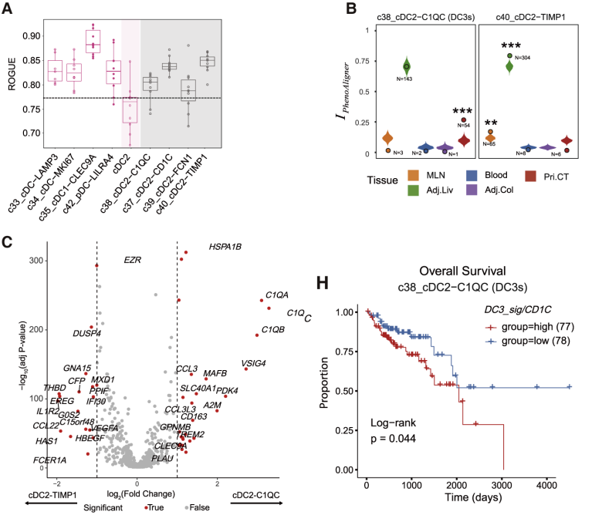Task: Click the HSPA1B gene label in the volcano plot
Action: click(x=225, y=247)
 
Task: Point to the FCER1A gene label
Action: click(x=49, y=460)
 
